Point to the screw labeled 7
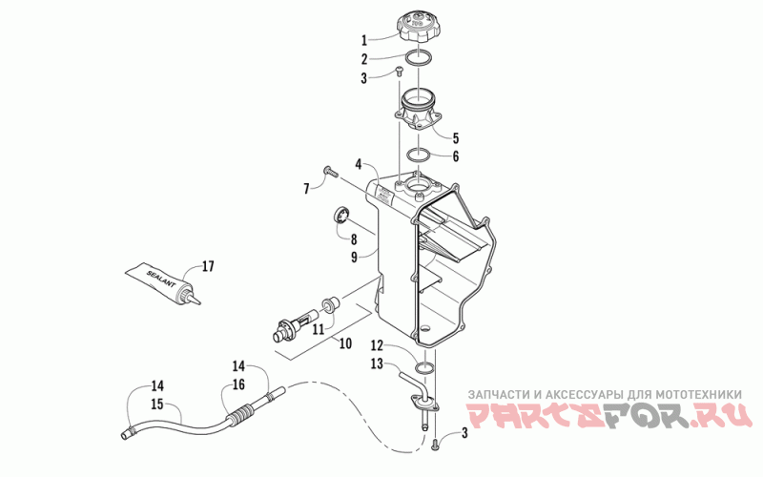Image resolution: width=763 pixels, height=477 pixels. pyautogui.click(x=330, y=171)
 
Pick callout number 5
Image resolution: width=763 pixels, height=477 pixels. pyautogui.click(x=455, y=137)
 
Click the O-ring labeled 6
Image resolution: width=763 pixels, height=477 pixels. pyautogui.click(x=422, y=156)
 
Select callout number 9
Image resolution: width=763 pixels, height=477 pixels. pyautogui.click(x=354, y=257)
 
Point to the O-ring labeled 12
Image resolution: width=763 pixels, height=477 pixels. pyautogui.click(x=425, y=368)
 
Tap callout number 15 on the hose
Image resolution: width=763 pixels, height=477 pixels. pyautogui.click(x=155, y=405)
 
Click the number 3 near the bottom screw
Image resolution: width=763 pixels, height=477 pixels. pyautogui.click(x=465, y=434)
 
